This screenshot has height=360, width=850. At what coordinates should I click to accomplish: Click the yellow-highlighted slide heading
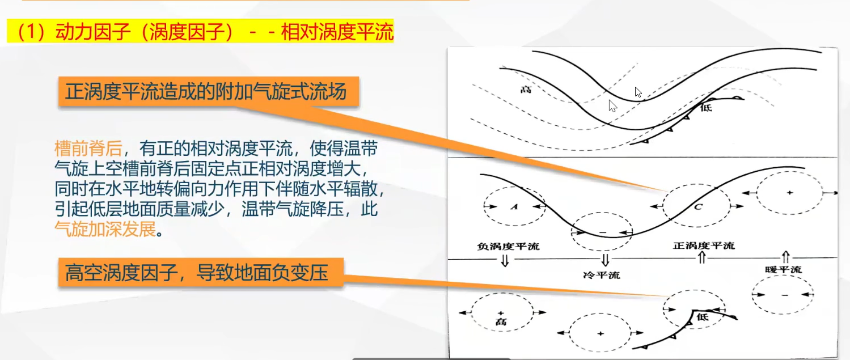(x=200, y=31)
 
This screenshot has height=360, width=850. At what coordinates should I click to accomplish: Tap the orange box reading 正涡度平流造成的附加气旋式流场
(x=208, y=92)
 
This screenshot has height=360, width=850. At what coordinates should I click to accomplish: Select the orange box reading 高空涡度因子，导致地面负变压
(x=201, y=273)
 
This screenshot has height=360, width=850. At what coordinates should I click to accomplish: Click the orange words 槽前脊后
(x=88, y=149)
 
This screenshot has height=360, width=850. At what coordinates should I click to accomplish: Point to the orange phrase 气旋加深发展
(x=105, y=228)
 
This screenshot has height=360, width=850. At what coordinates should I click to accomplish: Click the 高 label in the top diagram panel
(x=526, y=90)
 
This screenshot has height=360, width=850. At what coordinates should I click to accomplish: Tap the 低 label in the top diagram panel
(x=706, y=108)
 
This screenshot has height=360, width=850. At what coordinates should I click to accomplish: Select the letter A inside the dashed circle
(x=514, y=207)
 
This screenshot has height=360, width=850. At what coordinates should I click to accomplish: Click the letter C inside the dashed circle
(x=698, y=207)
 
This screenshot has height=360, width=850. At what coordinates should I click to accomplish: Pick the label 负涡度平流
(x=508, y=246)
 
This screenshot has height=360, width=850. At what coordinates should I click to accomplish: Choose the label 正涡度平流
(x=704, y=245)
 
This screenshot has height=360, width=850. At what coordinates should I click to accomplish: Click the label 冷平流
(x=602, y=274)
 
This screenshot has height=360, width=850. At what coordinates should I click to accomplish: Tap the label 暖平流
(x=783, y=270)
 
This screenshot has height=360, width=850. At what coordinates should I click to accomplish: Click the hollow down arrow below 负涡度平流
(x=505, y=261)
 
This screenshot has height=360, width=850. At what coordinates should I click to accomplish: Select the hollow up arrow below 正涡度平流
(x=702, y=257)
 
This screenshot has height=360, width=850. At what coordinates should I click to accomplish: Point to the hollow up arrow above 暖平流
(x=785, y=257)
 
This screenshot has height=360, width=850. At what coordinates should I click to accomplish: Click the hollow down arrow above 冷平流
(x=605, y=260)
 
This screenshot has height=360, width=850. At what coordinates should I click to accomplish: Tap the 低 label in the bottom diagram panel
(x=703, y=317)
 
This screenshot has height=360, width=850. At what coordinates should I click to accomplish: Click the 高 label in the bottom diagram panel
(x=501, y=322)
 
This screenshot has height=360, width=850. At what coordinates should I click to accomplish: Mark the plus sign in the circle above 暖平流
(x=790, y=193)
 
